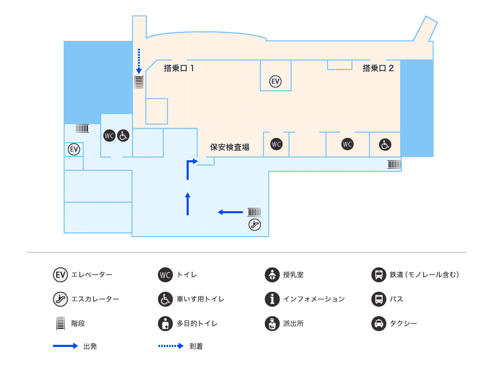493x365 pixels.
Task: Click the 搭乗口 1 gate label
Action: [179, 68]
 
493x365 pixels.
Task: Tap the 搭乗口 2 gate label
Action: [378, 68]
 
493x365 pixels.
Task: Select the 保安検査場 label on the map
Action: [230, 147]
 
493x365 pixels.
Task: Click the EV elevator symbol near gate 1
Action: [275, 81]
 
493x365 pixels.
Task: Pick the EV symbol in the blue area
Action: [74, 150]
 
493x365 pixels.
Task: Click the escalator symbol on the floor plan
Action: [255, 224]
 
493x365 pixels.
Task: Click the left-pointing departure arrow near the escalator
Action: [230, 212]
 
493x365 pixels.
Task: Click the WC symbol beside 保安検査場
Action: [276, 144]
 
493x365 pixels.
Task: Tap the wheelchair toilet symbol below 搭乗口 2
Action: [385, 144]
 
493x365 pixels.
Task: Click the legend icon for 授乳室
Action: [272, 275]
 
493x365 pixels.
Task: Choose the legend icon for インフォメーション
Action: [272, 299]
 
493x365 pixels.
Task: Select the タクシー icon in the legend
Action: [378, 324]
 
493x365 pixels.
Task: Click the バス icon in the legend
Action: [378, 299]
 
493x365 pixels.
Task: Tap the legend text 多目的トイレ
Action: [197, 324]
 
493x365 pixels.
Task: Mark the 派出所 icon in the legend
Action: [272, 324]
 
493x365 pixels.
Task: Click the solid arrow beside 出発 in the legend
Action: [65, 346]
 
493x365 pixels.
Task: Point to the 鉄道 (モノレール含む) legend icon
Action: [378, 275]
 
